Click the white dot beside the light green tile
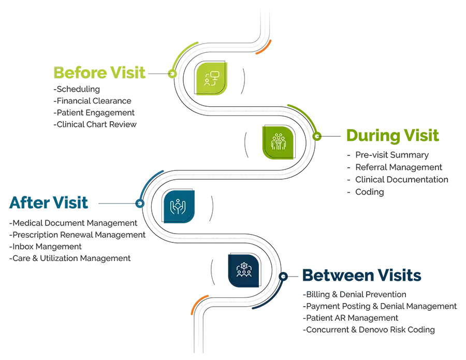172,74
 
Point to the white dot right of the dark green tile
317,136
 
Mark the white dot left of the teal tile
140,204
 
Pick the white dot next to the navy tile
283,277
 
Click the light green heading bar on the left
98,71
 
